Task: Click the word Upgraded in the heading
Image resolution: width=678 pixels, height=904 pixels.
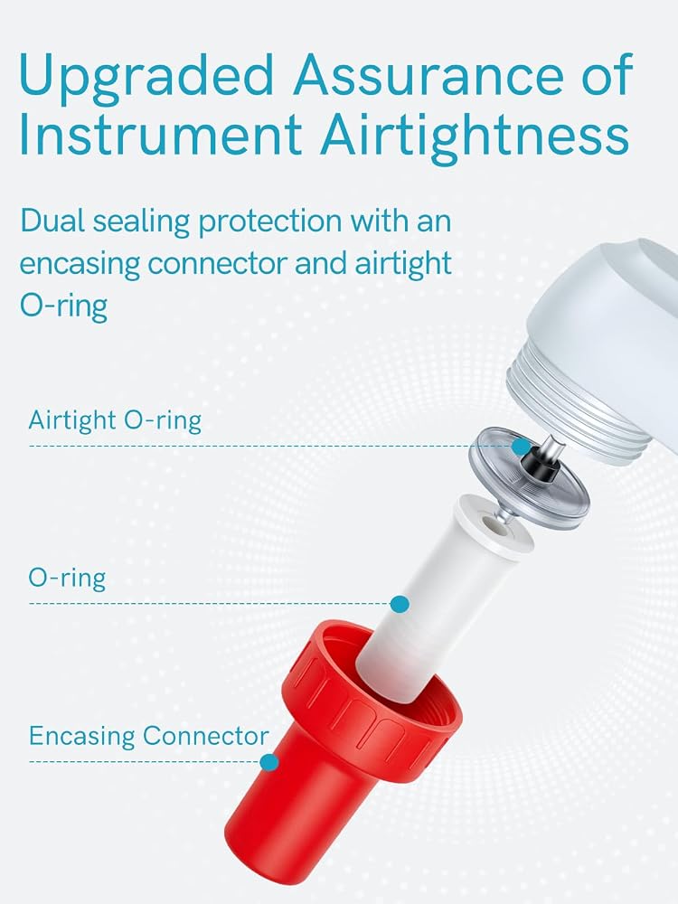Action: click(146, 76)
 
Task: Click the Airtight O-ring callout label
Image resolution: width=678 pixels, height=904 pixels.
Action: click(115, 420)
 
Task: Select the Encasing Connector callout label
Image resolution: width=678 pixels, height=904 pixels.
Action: click(149, 736)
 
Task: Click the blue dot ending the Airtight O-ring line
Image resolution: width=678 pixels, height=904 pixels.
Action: click(522, 447)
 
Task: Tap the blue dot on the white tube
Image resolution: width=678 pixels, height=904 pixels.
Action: click(400, 604)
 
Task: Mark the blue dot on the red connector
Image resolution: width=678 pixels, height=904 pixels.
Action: click(269, 762)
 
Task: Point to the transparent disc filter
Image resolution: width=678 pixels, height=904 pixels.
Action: click(528, 473)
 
